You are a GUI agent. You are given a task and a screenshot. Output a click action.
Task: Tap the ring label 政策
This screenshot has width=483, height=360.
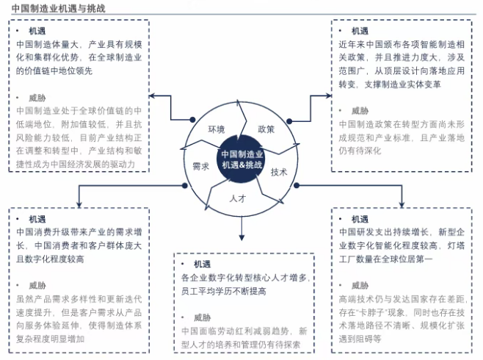tap(266, 129)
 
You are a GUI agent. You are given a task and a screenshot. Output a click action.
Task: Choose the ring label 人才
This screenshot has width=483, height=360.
tap(237, 198)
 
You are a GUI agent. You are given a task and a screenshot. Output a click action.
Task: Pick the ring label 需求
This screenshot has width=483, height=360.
tap(201, 166)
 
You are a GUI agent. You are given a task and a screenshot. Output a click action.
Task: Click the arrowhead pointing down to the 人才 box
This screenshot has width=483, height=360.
tap(241, 237)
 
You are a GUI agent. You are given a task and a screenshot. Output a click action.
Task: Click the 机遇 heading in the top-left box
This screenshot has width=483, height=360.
tap(36, 32)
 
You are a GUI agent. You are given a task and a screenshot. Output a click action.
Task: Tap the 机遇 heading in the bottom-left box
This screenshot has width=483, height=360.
tap(37, 219)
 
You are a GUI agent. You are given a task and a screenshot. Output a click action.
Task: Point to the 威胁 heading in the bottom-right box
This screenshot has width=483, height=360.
tap(360, 284)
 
